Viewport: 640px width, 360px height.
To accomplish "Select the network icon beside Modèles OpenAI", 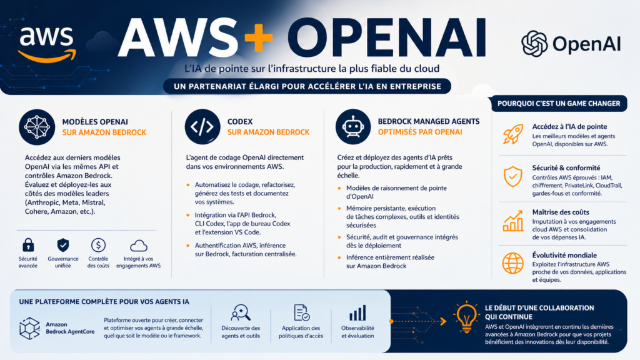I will coord(37,126).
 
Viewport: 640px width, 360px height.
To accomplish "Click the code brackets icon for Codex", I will coord(202,126).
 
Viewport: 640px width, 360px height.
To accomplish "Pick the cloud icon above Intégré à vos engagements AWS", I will coord(139,245).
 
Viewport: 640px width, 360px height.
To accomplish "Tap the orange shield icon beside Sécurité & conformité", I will coord(512,177).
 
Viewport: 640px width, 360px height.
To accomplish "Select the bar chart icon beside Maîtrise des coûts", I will coord(512,220).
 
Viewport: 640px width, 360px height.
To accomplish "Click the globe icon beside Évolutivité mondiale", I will coord(512,263).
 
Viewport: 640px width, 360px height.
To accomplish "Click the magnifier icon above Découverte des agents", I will coord(240,312).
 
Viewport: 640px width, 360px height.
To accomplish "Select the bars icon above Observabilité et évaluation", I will coord(357,312).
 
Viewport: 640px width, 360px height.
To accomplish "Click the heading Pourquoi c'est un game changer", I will coord(559,103).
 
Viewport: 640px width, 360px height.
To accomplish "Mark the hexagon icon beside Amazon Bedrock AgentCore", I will coord(29,327).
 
